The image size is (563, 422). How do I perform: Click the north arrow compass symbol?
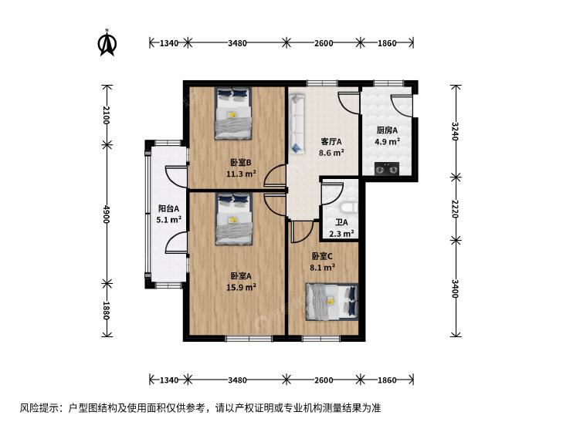(x=107, y=42)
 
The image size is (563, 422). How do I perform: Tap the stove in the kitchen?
(x=387, y=169)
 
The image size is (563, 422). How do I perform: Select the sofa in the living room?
(x=297, y=123)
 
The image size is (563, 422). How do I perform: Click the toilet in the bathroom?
(x=348, y=208)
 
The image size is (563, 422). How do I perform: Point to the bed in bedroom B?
(x=233, y=113)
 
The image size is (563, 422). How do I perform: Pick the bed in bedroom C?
(x=332, y=302)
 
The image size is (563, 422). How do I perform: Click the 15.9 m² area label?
(x=241, y=287)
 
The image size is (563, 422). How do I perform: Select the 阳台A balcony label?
(x=169, y=208)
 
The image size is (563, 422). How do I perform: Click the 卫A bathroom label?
(x=341, y=222)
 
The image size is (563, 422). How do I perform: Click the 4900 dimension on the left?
(x=106, y=214)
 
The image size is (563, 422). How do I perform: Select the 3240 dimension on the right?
(x=455, y=131)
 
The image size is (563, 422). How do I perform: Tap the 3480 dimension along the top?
(x=237, y=43)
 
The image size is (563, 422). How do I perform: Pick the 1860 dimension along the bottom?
(x=387, y=380)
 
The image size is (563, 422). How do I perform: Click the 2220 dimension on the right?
(x=455, y=208)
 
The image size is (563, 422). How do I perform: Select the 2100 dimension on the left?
(x=106, y=115)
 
